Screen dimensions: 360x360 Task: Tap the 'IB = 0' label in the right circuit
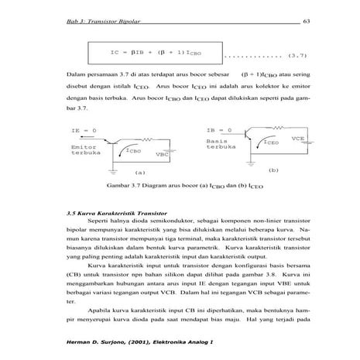[218, 130]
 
